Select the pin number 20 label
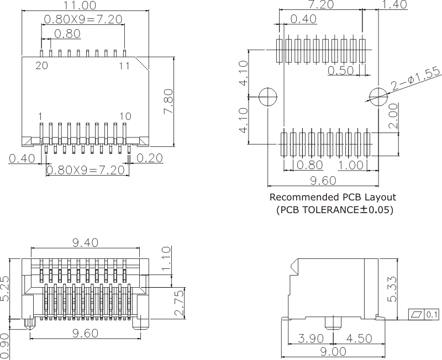41,66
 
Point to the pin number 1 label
41,116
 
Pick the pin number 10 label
125,116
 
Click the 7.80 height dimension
169,101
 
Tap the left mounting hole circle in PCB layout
268,97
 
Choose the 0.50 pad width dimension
340,70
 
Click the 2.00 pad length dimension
393,117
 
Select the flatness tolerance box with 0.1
423,314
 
